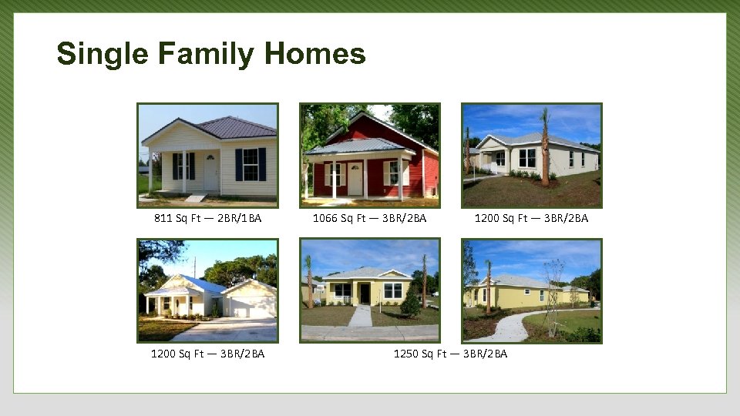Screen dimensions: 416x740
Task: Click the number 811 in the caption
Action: [x=163, y=218]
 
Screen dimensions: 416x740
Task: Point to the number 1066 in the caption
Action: [x=325, y=218]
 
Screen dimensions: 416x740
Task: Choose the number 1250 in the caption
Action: [x=405, y=354]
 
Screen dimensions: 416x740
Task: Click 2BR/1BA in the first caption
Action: [x=239, y=218]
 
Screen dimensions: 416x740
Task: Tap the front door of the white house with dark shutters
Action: [x=210, y=173]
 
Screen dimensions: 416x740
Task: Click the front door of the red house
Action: [x=355, y=178]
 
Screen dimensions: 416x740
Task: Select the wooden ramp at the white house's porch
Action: [x=196, y=198]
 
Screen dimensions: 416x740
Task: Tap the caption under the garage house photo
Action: [x=207, y=354]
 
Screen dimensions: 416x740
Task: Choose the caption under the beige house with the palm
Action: [x=531, y=218]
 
